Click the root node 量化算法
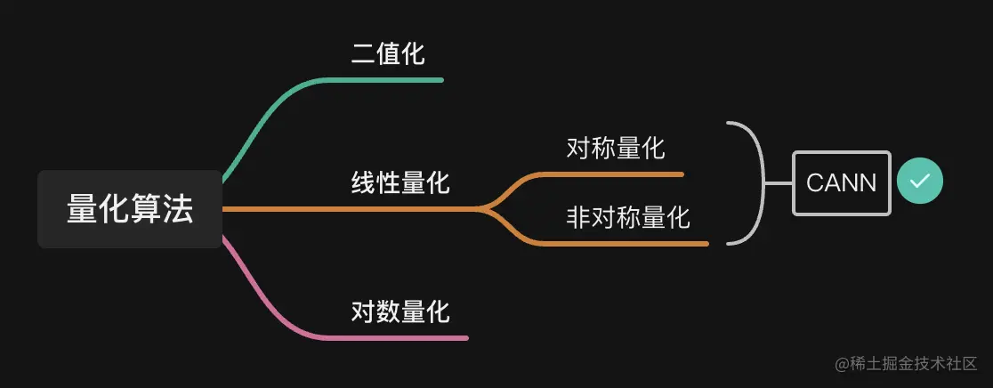point(129,209)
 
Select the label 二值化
point(388,54)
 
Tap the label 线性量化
point(400,184)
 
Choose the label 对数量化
point(400,311)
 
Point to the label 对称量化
point(616,148)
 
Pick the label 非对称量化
point(628,216)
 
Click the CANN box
point(841,183)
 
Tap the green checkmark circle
point(919,182)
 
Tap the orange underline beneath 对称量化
point(623,174)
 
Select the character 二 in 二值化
point(363,54)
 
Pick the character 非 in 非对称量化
point(578,216)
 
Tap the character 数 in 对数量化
point(388,311)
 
